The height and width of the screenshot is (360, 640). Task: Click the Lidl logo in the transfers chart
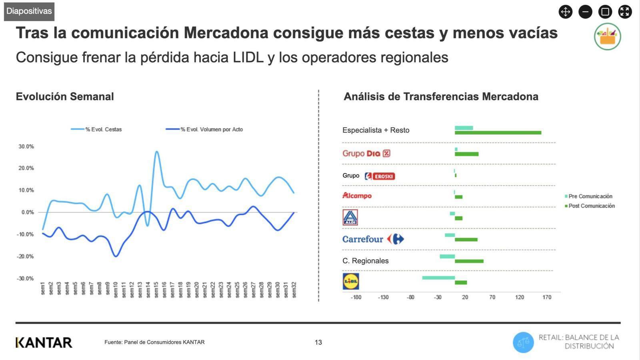(351, 281)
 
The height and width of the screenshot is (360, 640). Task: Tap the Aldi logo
(350, 217)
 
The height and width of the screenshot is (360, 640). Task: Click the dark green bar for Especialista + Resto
(498, 133)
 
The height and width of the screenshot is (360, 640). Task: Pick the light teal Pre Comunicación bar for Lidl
(438, 278)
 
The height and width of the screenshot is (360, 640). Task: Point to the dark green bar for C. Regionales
(469, 261)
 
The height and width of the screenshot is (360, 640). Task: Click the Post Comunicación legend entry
(590, 206)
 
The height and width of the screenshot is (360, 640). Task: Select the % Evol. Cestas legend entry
(97, 129)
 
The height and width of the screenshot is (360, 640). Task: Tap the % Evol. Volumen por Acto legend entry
(205, 129)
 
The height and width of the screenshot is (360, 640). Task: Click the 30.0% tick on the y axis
(26, 146)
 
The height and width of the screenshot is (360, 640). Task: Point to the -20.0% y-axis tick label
(25, 256)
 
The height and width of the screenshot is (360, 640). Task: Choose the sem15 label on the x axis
(156, 289)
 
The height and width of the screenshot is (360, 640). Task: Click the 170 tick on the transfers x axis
(547, 297)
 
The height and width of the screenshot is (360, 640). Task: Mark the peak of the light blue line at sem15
(156, 152)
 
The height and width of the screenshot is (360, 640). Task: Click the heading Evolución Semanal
(65, 96)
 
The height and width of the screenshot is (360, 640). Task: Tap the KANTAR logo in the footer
(44, 342)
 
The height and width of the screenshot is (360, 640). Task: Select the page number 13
(318, 342)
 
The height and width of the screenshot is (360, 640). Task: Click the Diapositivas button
(29, 11)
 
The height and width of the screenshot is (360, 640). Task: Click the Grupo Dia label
(366, 153)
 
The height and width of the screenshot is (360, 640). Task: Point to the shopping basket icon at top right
(607, 36)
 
